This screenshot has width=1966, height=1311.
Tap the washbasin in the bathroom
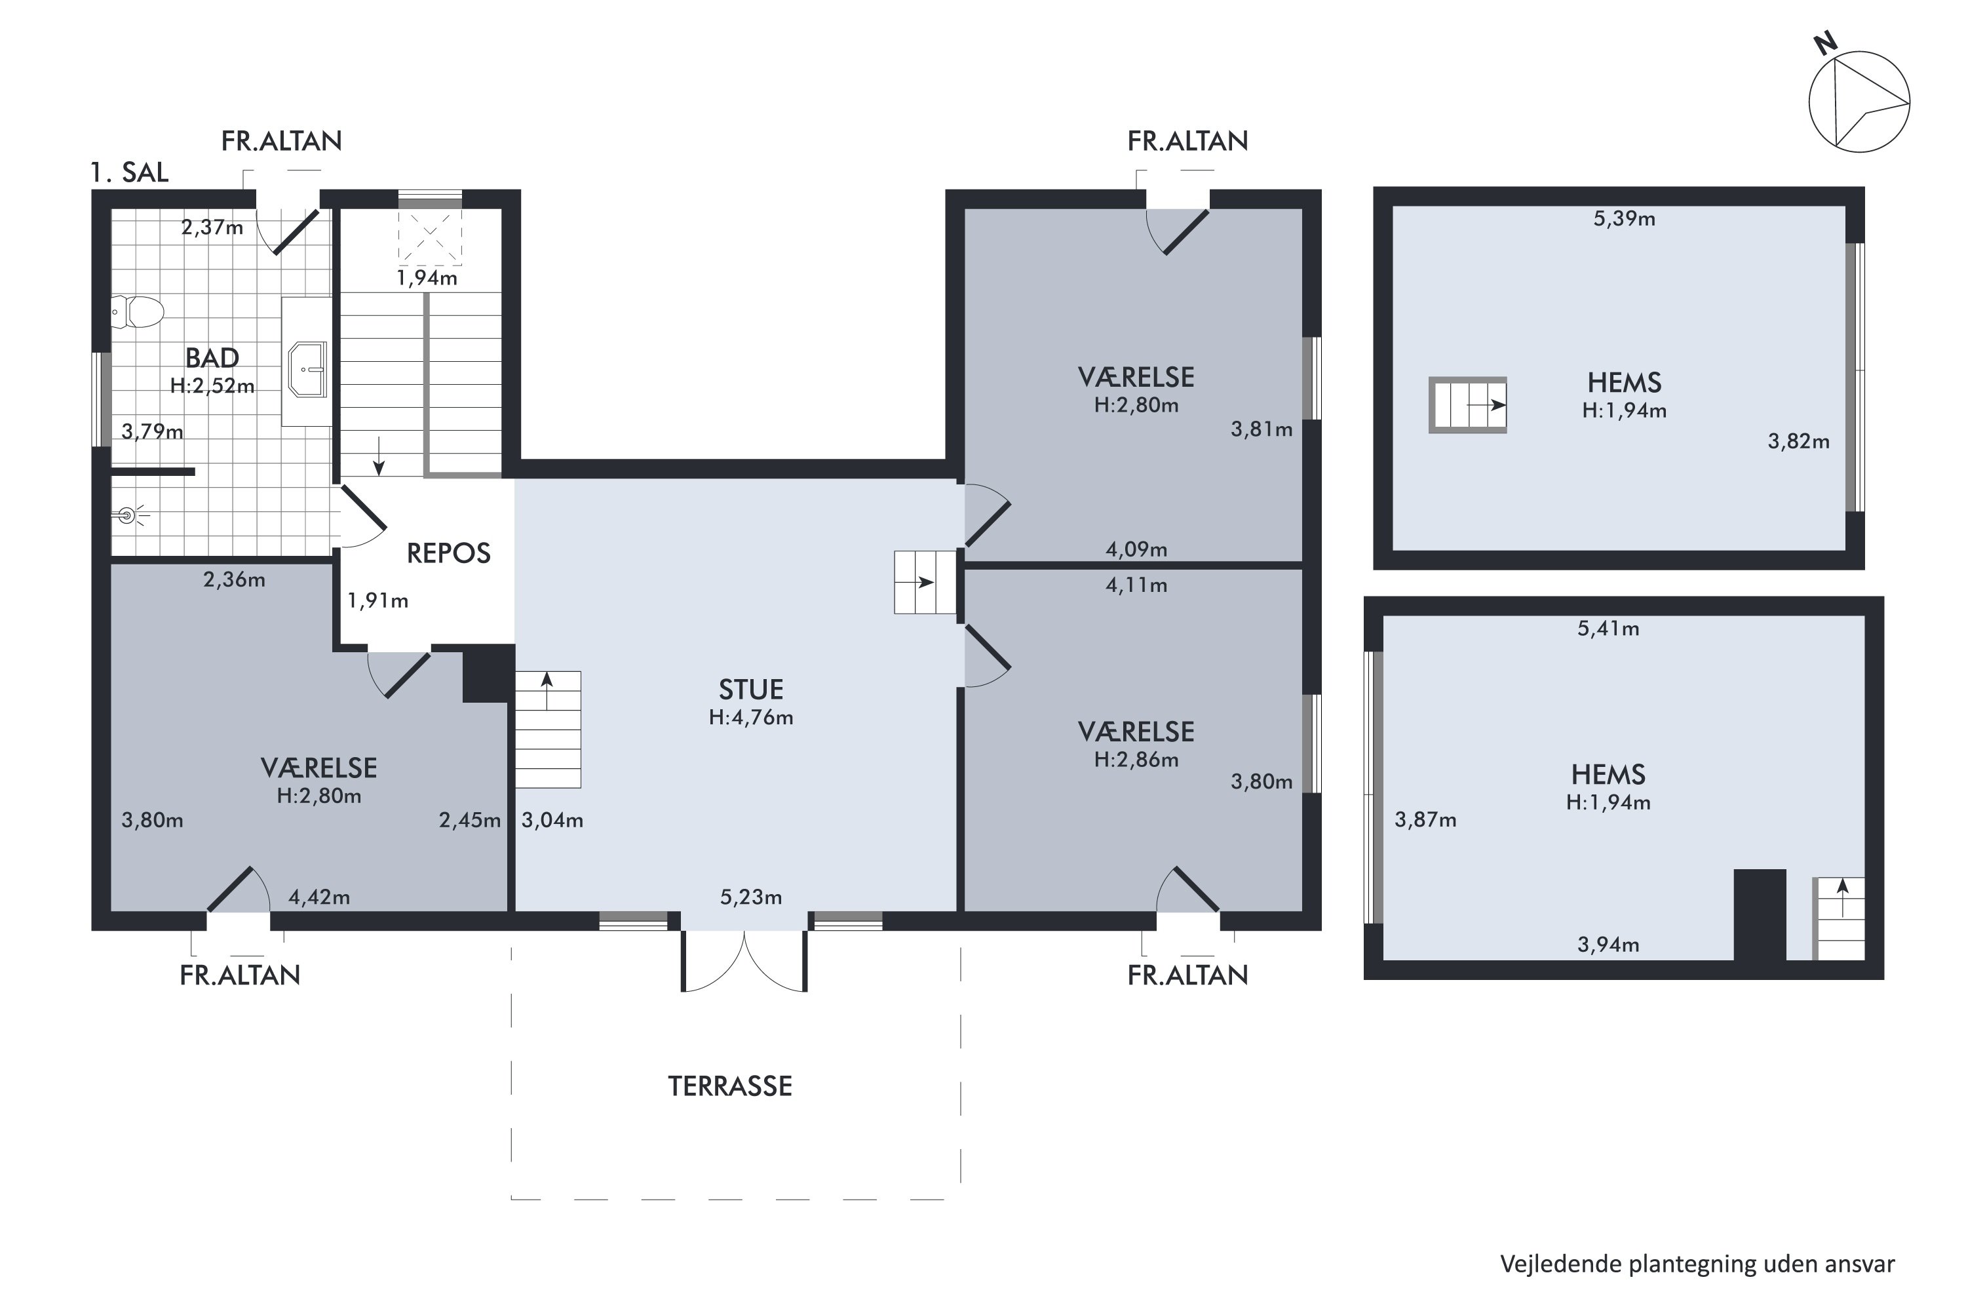pyautogui.click(x=307, y=368)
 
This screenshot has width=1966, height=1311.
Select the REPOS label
pyautogui.click(x=448, y=553)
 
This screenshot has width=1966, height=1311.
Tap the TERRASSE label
pyautogui.click(x=730, y=1086)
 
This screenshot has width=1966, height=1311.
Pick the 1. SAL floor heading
pyautogui.click(x=130, y=172)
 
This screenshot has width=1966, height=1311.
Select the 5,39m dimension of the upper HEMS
pyautogui.click(x=1624, y=219)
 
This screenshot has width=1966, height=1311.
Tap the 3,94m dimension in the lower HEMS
pyautogui.click(x=1608, y=945)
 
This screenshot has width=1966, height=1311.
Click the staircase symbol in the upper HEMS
pyautogui.click(x=1468, y=404)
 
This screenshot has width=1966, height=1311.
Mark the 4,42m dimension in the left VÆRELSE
pyautogui.click(x=319, y=897)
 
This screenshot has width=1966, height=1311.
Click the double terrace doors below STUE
pyautogui.click(x=744, y=962)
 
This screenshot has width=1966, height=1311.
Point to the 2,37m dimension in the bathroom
pyautogui.click(x=212, y=227)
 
